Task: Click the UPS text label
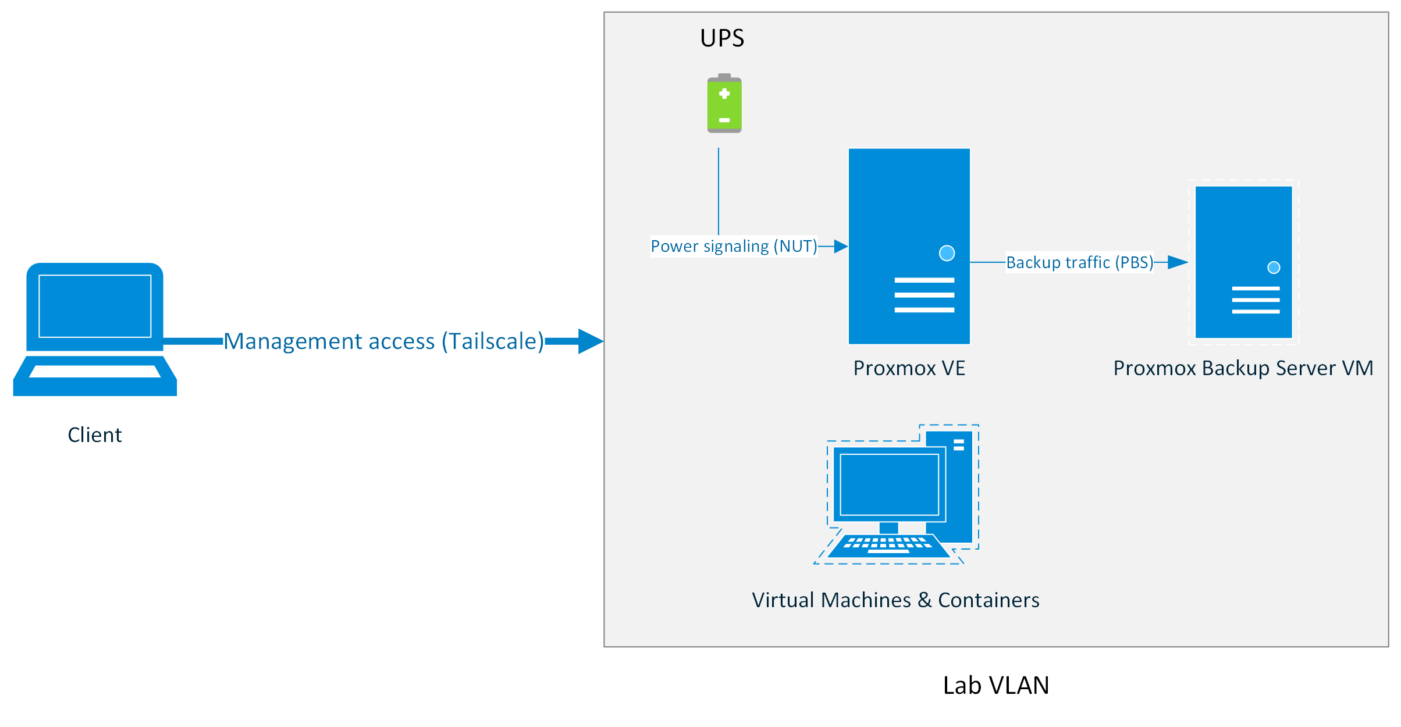pyautogui.click(x=721, y=38)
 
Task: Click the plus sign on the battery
pyautogui.click(x=724, y=94)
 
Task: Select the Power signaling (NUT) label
pyautogui.click(x=734, y=247)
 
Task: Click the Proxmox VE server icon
pyautogui.click(x=909, y=209)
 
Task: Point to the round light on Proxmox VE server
pyautogui.click(x=947, y=253)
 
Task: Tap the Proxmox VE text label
pyautogui.click(x=909, y=368)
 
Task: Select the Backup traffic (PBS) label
pyautogui.click(x=1079, y=263)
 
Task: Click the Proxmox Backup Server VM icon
pyautogui.click(x=1243, y=233)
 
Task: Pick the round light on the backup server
pyautogui.click(x=1274, y=268)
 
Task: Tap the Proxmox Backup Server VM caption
pyautogui.click(x=1243, y=368)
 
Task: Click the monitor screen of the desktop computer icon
pyautogui.click(x=889, y=484)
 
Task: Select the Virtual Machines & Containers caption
pyautogui.click(x=895, y=600)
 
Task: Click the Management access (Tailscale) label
pyautogui.click(x=384, y=341)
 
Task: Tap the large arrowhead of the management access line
pyautogui.click(x=590, y=341)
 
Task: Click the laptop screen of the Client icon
pyautogui.click(x=95, y=306)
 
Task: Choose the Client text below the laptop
pyautogui.click(x=95, y=435)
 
